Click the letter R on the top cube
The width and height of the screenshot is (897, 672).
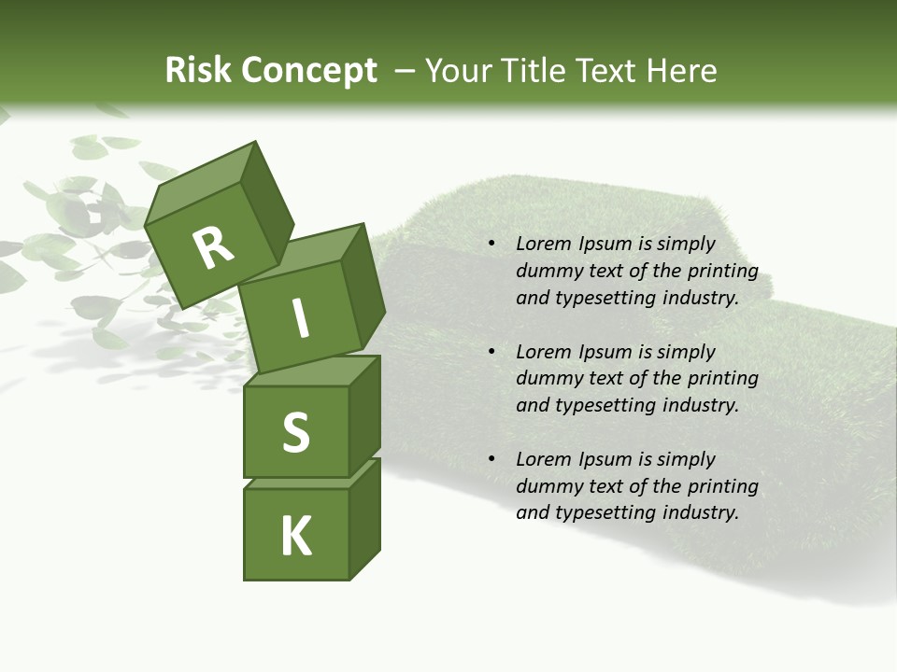(213, 247)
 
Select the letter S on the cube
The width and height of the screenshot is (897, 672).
(295, 432)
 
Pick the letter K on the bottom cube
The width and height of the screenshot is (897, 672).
(295, 537)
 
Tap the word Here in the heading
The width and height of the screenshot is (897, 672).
(683, 71)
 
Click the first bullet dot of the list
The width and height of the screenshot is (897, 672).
(491, 245)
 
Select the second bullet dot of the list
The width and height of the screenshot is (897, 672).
(491, 352)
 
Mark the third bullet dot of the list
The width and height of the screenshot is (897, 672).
(491, 459)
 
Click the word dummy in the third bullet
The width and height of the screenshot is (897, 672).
(547, 486)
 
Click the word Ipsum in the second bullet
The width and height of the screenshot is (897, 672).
(605, 352)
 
